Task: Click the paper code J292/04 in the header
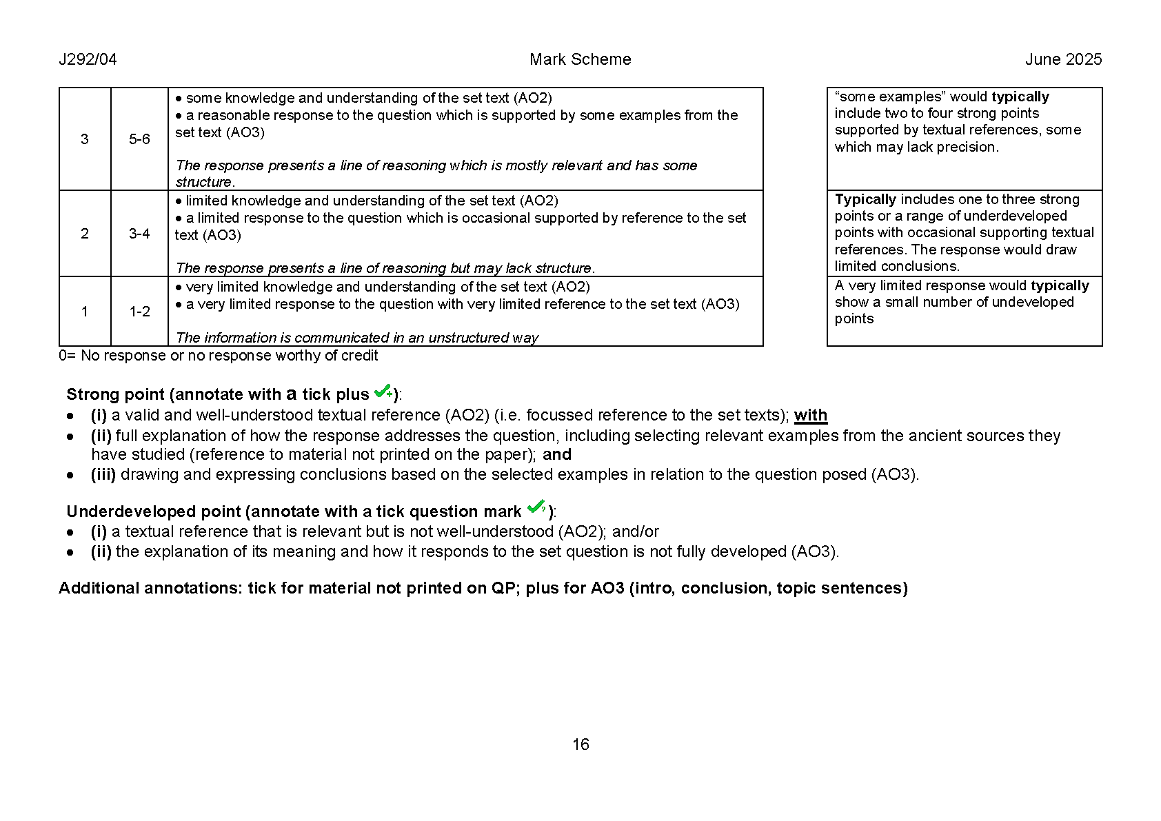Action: pyautogui.click(x=88, y=59)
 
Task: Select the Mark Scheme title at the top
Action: pyautogui.click(x=580, y=59)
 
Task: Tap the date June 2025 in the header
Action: pyautogui.click(x=1063, y=59)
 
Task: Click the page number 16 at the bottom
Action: pyautogui.click(x=580, y=744)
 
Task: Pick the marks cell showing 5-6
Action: pyautogui.click(x=139, y=139)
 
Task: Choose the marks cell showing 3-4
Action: pyautogui.click(x=139, y=234)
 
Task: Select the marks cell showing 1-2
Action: pyautogui.click(x=139, y=312)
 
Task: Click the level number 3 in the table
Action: pyautogui.click(x=85, y=139)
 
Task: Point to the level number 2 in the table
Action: pyautogui.click(x=85, y=234)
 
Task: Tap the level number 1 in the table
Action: pyautogui.click(x=85, y=312)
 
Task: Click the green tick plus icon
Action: pyautogui.click(x=383, y=392)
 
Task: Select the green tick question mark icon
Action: pyautogui.click(x=536, y=508)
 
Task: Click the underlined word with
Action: pyautogui.click(x=810, y=415)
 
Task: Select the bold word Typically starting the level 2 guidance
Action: pyautogui.click(x=865, y=200)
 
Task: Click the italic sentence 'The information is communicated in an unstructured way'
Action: pyautogui.click(x=356, y=338)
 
